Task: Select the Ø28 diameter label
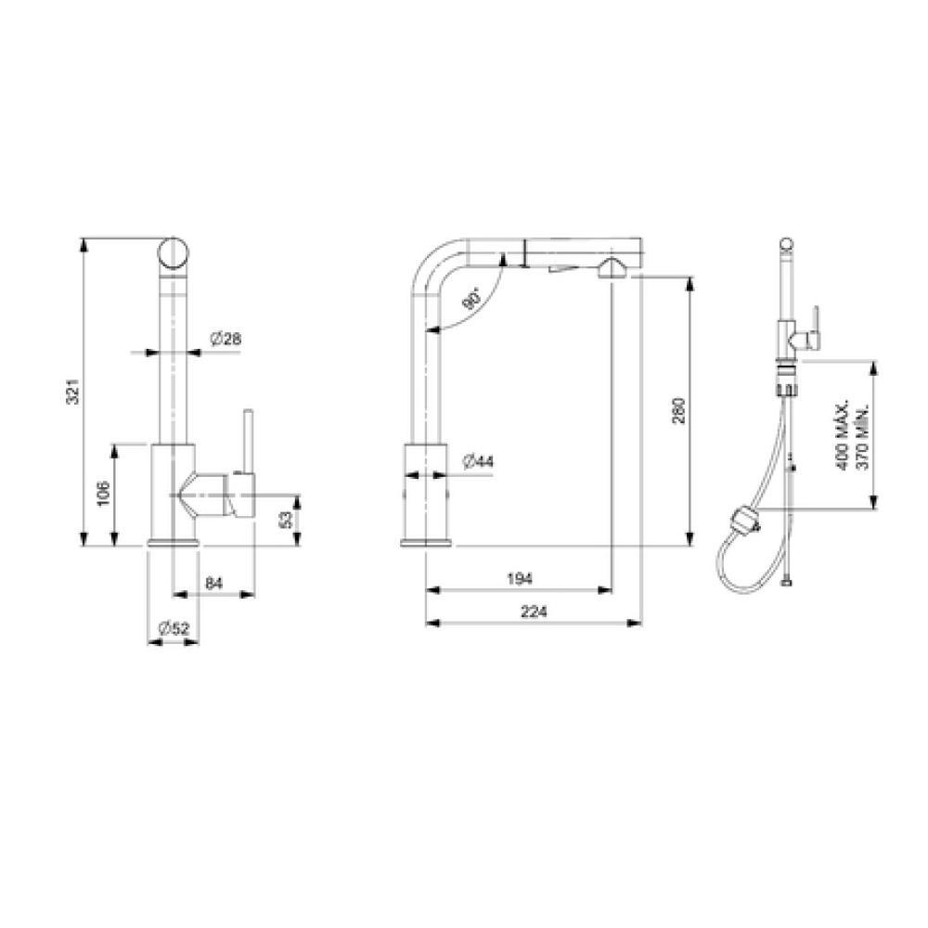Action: [226, 340]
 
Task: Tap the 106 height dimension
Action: [105, 494]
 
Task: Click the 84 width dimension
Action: [213, 582]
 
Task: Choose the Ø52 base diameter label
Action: [173, 628]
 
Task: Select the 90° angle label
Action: [471, 300]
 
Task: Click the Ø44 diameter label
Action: [479, 460]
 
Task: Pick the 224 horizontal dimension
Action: [534, 612]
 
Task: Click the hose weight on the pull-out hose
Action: [746, 523]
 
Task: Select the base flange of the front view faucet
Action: [173, 542]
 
